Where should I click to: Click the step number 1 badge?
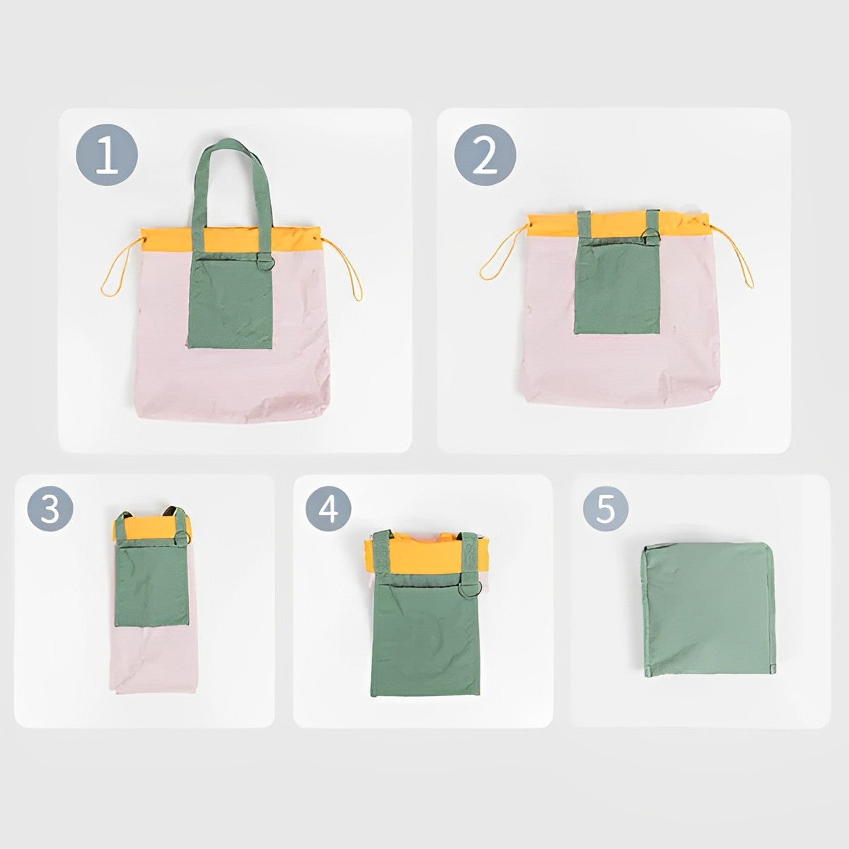106,155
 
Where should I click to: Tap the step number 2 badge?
485,155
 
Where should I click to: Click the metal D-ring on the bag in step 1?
265,262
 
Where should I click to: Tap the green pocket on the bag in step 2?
617,287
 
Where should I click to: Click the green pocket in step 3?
152,584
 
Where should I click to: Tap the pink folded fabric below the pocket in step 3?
149,662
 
